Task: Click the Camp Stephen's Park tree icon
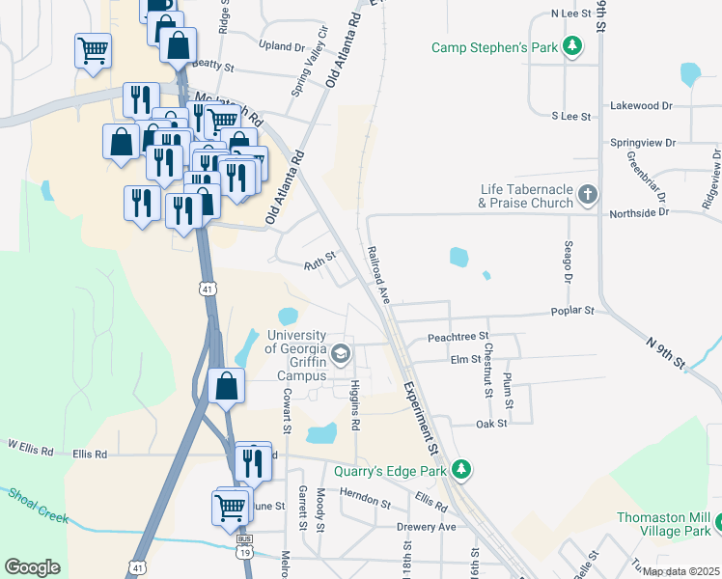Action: tap(573, 46)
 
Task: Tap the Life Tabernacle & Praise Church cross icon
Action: tap(587, 196)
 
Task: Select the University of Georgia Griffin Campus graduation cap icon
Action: tap(340, 355)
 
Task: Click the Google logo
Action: tap(32, 567)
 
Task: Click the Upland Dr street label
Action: tap(282, 45)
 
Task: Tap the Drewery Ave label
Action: tap(426, 527)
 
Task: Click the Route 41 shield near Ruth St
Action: tap(207, 288)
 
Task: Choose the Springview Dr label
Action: tap(643, 142)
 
